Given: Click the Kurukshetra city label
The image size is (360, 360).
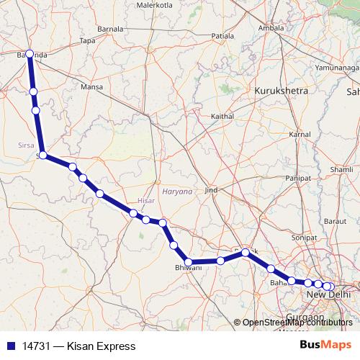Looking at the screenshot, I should [x=281, y=91].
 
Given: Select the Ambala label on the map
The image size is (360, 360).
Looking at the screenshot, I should [x=272, y=28].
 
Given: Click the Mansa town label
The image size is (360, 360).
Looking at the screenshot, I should [x=92, y=87].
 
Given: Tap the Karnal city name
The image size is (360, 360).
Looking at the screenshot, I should [x=299, y=135].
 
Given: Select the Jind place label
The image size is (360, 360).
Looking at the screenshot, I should [x=211, y=190].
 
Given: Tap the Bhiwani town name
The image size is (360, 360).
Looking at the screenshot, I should [x=189, y=268].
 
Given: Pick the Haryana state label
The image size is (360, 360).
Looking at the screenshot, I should [x=177, y=192].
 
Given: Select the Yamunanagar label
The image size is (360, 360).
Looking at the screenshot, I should [x=338, y=66].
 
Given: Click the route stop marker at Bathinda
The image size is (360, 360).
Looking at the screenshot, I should [x=30, y=53].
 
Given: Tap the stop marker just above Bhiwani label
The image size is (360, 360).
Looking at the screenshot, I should [x=188, y=262].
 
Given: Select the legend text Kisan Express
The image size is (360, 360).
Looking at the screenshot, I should [x=101, y=346].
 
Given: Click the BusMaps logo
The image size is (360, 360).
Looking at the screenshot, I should [x=325, y=346].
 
